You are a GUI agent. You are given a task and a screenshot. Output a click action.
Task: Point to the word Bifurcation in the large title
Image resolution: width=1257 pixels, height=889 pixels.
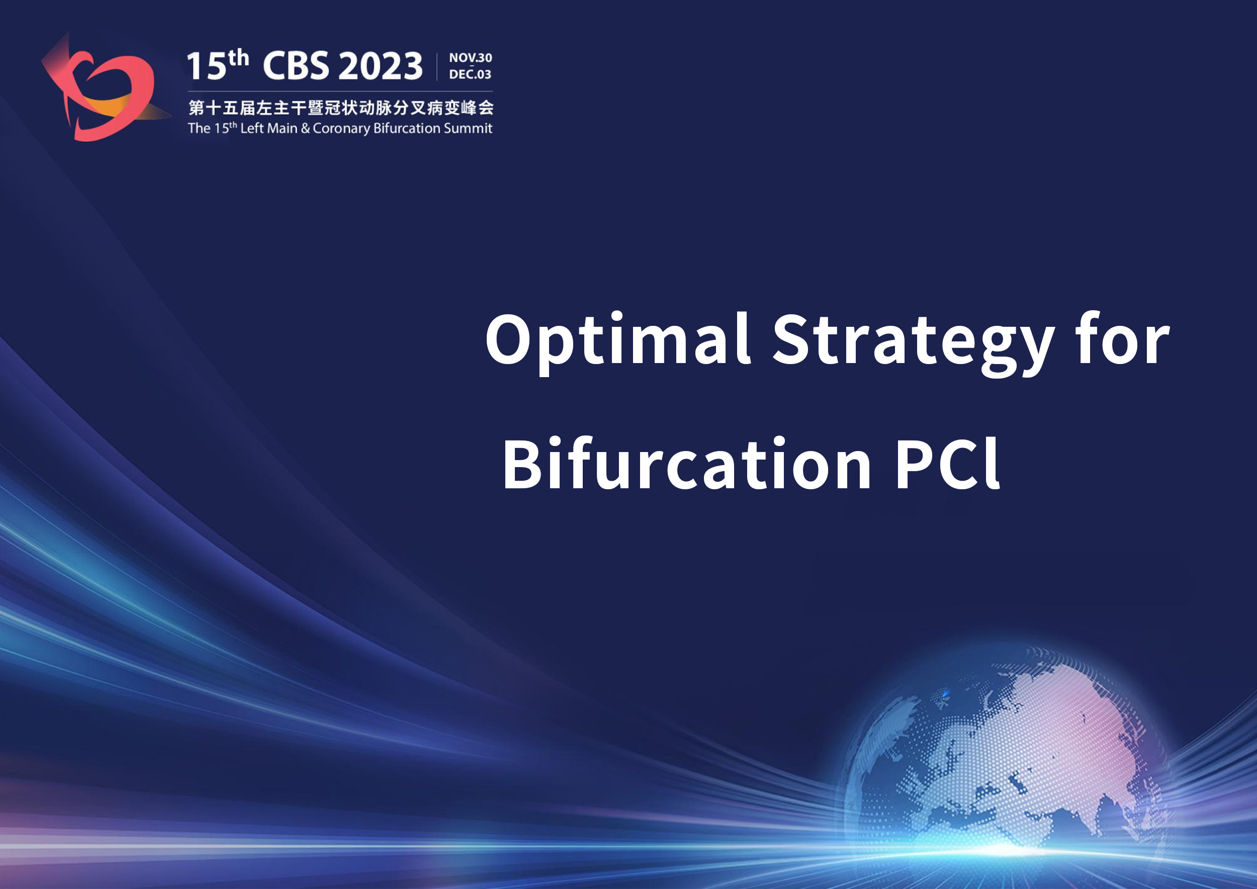[686, 463]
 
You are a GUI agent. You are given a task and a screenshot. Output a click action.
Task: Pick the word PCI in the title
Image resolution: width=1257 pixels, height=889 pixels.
[948, 463]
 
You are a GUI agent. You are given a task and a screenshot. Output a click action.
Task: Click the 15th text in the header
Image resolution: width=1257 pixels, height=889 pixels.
[218, 64]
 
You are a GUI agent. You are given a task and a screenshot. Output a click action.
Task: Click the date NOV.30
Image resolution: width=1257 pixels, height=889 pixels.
[470, 57]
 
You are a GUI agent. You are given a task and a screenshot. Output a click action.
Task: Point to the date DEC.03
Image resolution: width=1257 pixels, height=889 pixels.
[470, 74]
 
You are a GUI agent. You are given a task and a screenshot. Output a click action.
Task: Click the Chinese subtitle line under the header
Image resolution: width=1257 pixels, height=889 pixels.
[341, 107]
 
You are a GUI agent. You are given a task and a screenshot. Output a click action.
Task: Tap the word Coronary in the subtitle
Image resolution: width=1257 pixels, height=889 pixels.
[341, 129]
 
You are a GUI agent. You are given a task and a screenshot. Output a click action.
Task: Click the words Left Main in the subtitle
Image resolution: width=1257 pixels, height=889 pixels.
[269, 128]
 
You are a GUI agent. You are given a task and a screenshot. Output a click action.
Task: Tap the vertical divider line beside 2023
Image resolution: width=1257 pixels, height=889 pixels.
[437, 67]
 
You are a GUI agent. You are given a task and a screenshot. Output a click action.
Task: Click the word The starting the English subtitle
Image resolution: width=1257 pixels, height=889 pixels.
[199, 128]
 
